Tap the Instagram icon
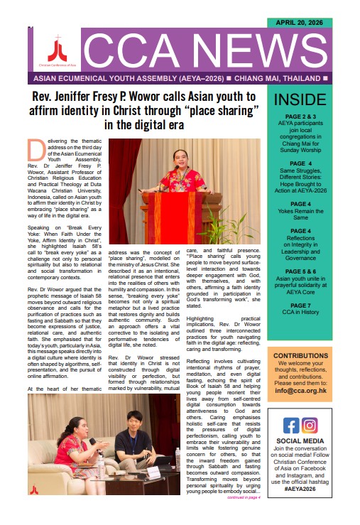point(310,426)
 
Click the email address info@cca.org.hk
point(300,389)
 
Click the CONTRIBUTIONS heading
point(300,355)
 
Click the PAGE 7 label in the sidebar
point(300,305)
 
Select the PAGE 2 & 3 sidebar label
point(300,116)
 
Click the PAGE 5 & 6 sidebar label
point(300,271)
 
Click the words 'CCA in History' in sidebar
point(300,314)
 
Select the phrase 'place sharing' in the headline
point(224,110)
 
